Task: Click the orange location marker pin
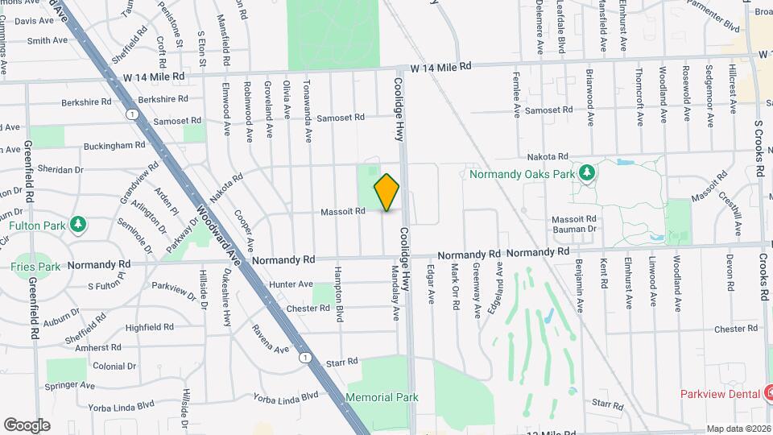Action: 386,192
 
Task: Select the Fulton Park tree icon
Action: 77,223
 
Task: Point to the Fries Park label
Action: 35,267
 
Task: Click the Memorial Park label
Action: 382,397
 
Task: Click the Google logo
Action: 27,425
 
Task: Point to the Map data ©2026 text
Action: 739,429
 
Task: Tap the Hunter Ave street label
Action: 291,284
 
